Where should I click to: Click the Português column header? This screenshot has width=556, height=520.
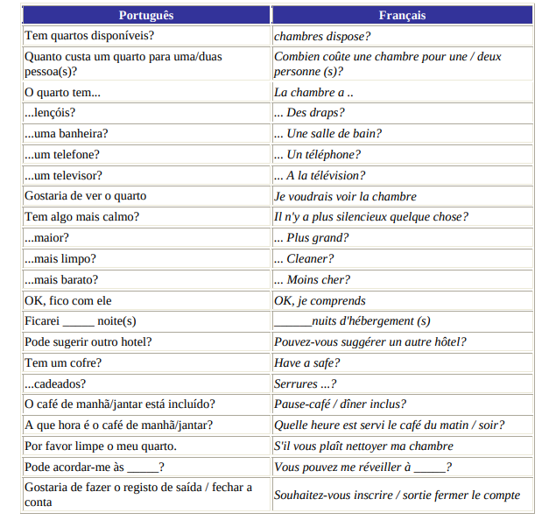pos(146,15)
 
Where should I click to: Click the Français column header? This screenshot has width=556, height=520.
pos(402,15)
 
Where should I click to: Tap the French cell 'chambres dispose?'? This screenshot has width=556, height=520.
pos(322,37)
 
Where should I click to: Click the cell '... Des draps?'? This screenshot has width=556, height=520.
pos(309,113)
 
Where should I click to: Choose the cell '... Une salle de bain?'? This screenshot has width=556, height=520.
pos(327,134)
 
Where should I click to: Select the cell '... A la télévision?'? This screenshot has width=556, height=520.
pos(320,176)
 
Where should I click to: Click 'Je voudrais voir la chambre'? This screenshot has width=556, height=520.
pos(345,197)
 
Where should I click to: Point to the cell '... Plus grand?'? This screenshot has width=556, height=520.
pos(311,238)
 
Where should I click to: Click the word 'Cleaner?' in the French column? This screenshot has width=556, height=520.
pos(310,259)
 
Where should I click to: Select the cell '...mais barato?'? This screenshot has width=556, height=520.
pos(61,280)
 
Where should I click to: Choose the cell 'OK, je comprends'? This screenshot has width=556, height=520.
pos(320,301)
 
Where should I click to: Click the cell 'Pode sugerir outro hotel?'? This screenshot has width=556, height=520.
pos(88,342)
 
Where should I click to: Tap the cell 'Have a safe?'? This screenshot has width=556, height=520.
pos(307,363)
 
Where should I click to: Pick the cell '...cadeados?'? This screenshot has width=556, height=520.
pos(55,384)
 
